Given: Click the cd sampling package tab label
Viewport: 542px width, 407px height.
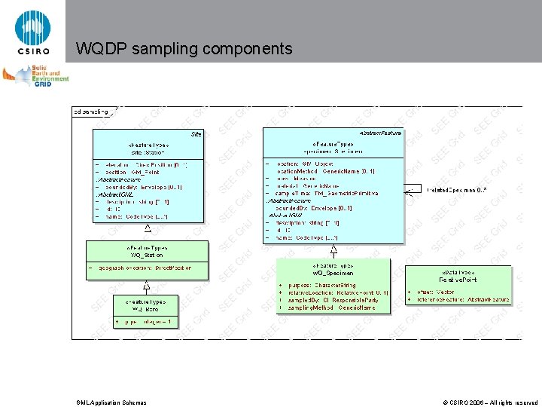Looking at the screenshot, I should click(90, 112).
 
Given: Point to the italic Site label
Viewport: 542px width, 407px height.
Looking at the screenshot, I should click(196, 133).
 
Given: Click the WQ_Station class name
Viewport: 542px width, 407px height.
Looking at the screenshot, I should click(148, 255).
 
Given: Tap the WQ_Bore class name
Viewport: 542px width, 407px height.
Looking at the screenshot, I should click(148, 308).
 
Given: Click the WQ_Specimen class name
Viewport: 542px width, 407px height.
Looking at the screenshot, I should click(332, 272).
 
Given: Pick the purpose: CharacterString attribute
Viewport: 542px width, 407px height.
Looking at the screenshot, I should click(319, 286).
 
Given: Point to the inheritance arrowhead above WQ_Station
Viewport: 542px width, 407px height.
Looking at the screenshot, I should click(148, 227).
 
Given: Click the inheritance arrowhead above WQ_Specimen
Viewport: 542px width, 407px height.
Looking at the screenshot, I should click(333, 248).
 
